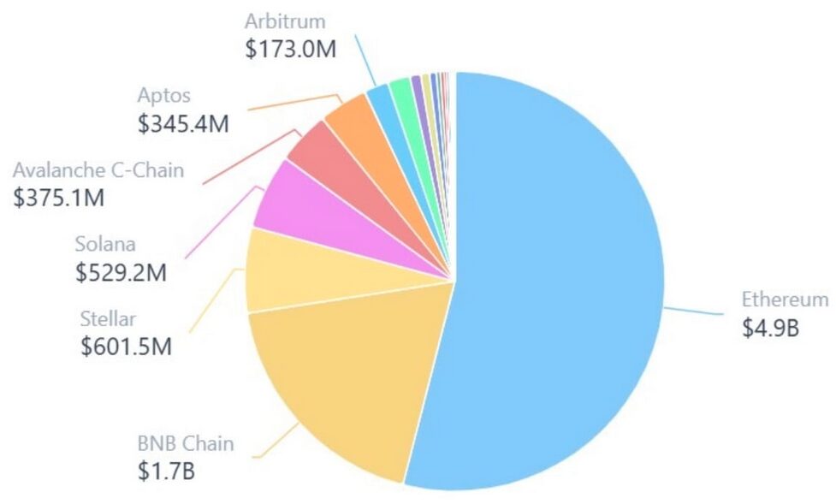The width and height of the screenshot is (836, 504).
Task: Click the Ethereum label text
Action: (x=785, y=299)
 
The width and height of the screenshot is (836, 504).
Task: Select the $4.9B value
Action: (x=771, y=327)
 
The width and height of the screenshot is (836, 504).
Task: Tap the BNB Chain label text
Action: (x=186, y=444)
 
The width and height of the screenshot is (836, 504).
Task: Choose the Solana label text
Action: (x=105, y=246)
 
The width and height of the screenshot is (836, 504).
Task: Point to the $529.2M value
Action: (x=121, y=273)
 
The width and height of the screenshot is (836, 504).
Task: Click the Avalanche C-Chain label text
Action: (x=98, y=169)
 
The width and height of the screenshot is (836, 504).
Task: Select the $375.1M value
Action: (x=59, y=198)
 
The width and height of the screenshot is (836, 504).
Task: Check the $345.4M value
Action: (x=183, y=122)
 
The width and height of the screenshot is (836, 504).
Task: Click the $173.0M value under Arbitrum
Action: (x=291, y=48)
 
